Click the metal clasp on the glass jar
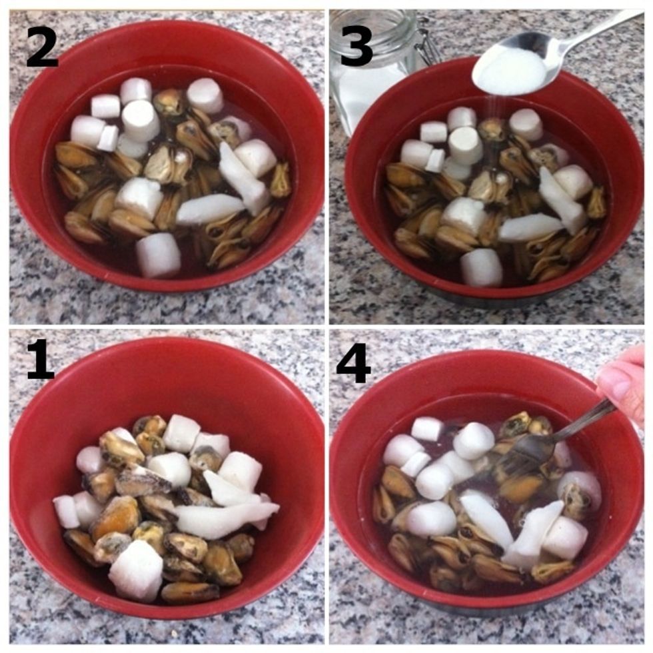[426, 43]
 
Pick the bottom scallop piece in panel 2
[159, 255]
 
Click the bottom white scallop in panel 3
[481, 267]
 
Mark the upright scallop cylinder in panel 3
[465, 145]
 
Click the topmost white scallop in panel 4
[428, 428]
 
